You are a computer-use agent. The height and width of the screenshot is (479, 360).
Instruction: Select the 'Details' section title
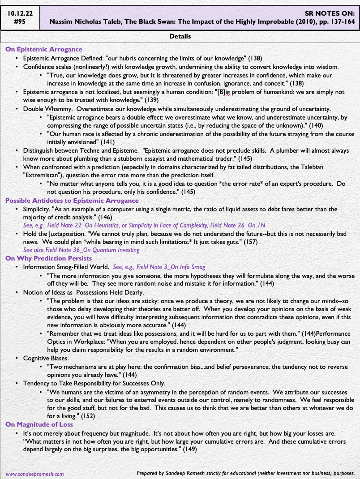180,36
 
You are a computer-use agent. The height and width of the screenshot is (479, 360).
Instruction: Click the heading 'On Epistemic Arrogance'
43,49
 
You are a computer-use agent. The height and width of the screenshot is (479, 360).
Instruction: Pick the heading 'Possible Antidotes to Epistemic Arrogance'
72,201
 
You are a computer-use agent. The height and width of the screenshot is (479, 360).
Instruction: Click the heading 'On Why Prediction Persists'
48,258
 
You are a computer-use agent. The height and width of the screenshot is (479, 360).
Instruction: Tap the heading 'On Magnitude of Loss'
39,424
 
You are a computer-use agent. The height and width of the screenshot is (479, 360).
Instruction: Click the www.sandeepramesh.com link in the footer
34,473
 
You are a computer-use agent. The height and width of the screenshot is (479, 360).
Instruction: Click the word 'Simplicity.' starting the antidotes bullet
38,209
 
